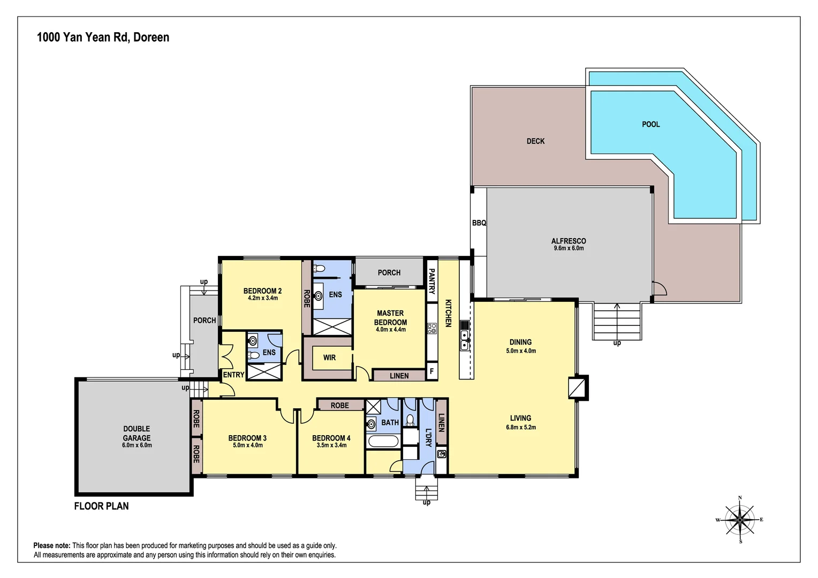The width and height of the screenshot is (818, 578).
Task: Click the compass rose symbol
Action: tap(739, 519)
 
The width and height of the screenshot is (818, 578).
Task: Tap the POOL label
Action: tap(651, 125)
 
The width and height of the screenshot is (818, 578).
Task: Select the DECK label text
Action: tap(535, 141)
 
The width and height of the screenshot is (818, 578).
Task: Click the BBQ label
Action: tap(479, 223)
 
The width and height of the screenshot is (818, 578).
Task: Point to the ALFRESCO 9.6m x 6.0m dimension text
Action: tap(569, 248)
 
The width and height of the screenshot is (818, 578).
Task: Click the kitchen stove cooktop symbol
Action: tap(432, 328)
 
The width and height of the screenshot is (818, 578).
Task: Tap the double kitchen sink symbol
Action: tap(464, 340)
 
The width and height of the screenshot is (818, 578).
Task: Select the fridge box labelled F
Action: tap(432, 371)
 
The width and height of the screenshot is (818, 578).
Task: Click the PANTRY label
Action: tap(431, 281)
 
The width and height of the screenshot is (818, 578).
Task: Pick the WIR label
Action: tap(329, 358)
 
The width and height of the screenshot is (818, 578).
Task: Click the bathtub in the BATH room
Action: tap(383, 441)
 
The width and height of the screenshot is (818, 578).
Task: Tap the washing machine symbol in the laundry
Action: tap(441, 454)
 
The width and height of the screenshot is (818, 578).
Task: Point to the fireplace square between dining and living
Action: tap(577, 388)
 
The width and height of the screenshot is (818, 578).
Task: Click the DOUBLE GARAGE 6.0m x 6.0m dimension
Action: tap(137, 445)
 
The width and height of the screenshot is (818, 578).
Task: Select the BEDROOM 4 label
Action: tap(331, 438)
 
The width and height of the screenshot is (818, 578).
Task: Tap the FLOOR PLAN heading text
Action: tap(102, 506)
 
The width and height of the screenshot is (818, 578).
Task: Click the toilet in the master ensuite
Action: tap(319, 269)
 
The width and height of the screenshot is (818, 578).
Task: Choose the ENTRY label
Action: tap(233, 375)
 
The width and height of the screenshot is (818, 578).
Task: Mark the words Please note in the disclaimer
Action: tap(51, 545)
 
